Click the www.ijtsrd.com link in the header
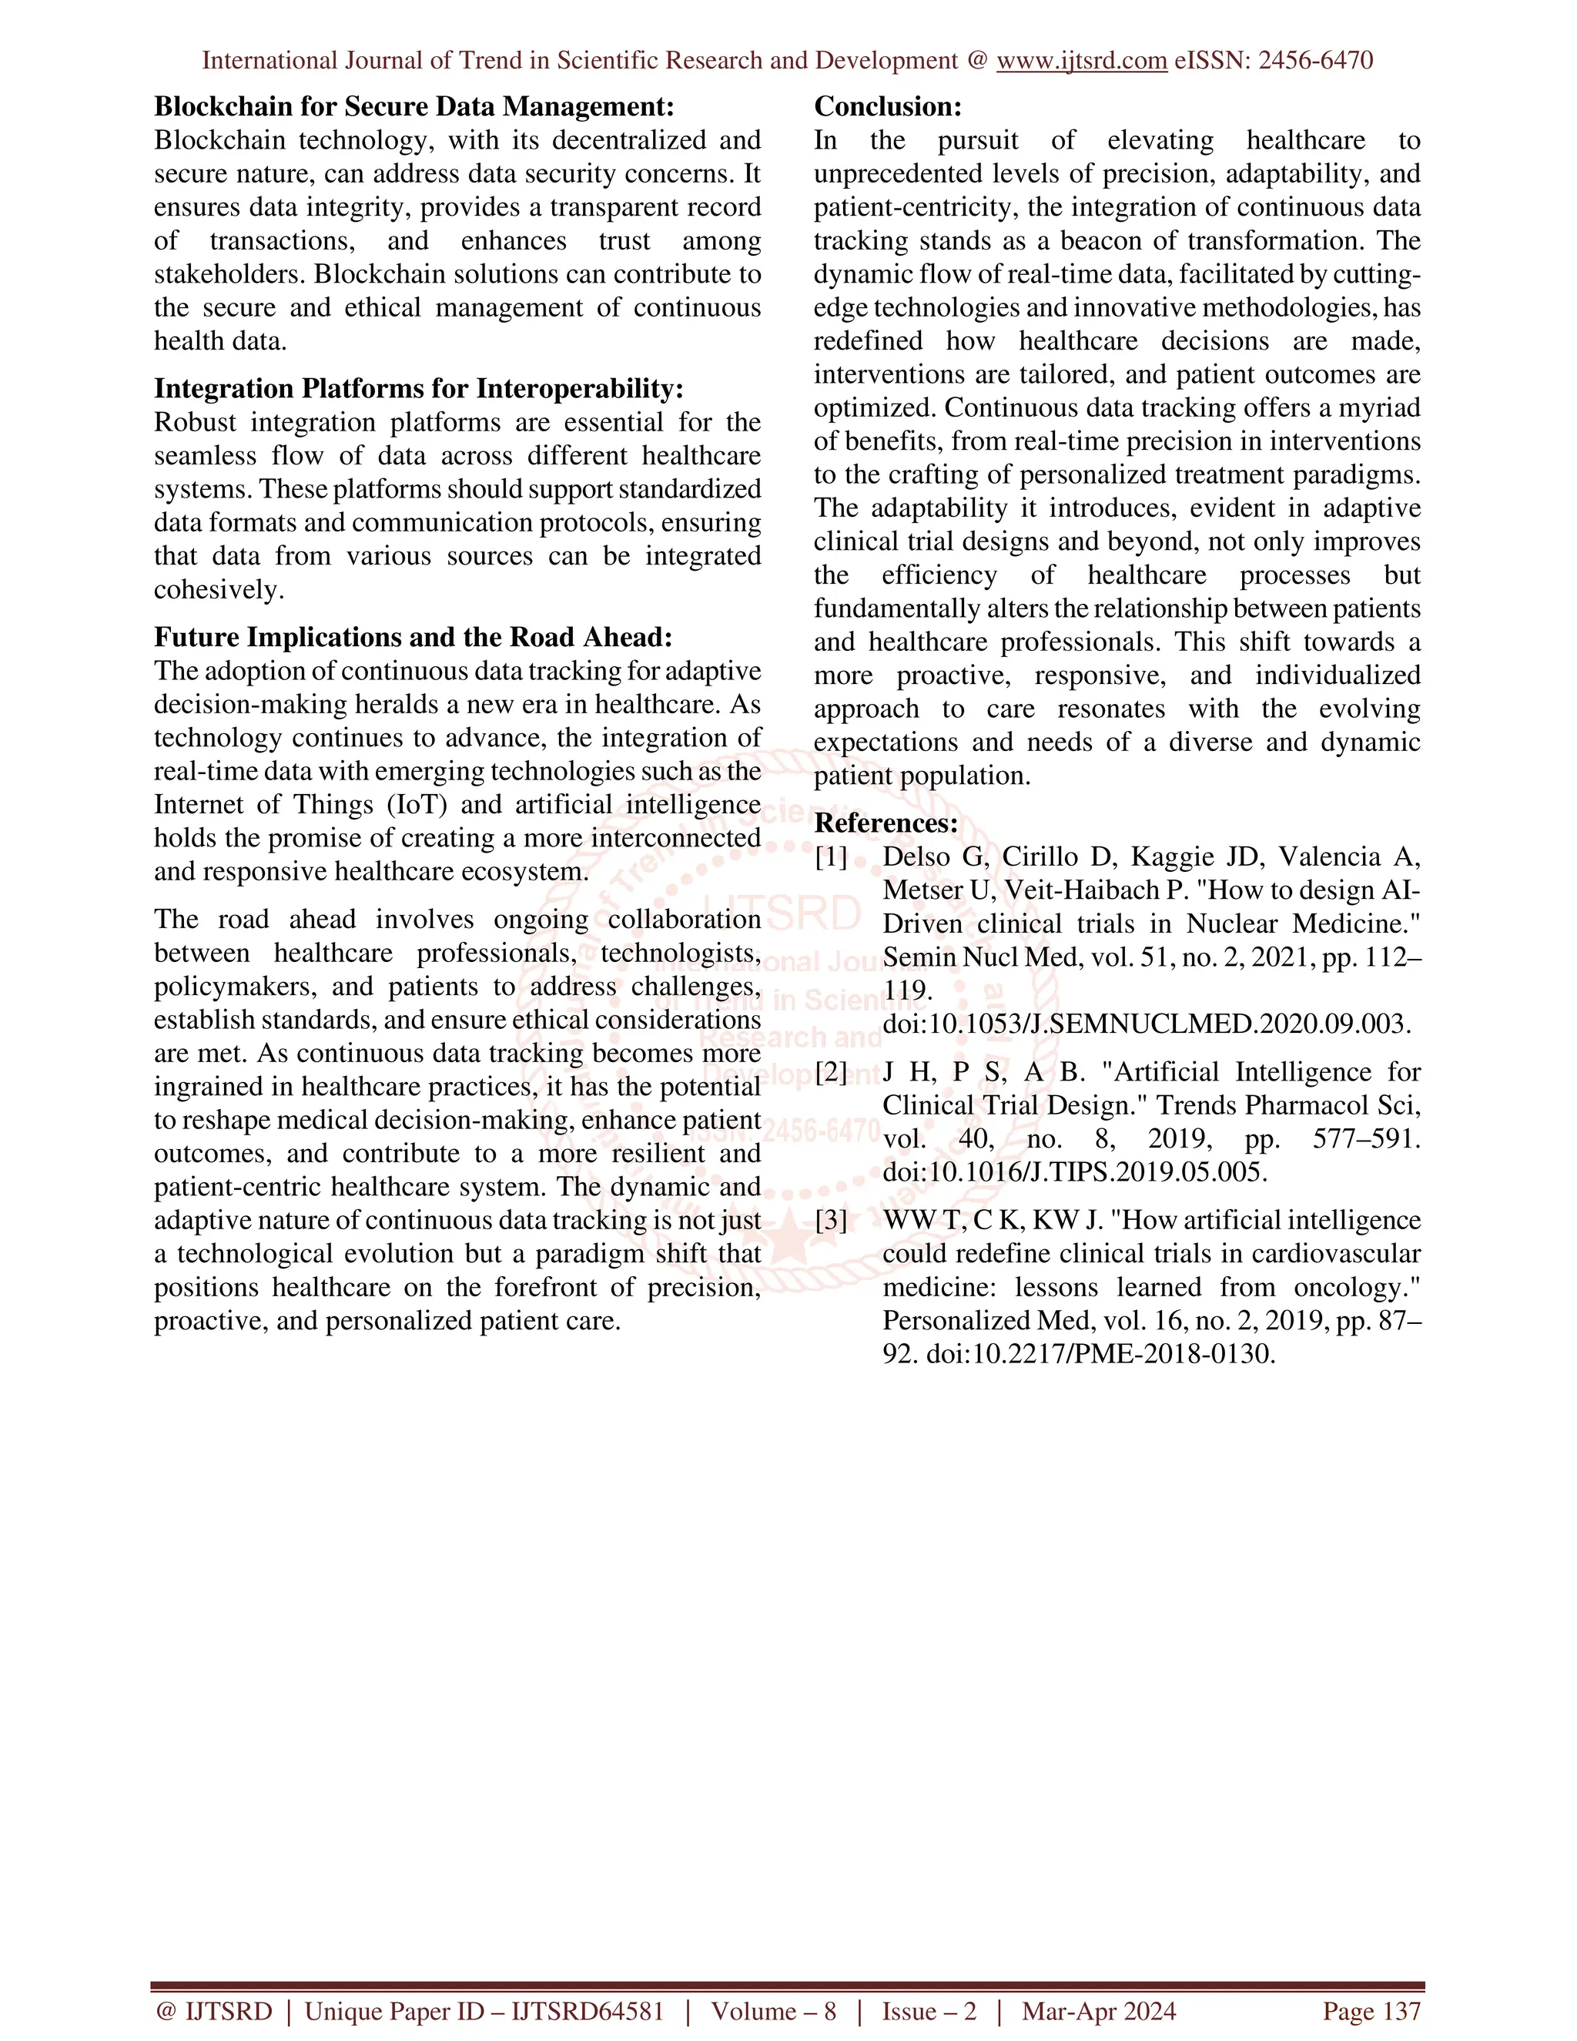click(x=1081, y=61)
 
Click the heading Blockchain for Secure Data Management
click(x=414, y=106)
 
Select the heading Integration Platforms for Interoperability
click(x=419, y=389)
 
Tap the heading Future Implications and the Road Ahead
click(x=413, y=638)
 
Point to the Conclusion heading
click(x=888, y=106)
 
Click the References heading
click(x=886, y=823)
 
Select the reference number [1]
click(x=831, y=857)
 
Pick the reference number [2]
click(x=831, y=1072)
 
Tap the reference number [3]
click(x=831, y=1221)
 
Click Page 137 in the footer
click(x=1371, y=2011)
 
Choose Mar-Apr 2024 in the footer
click(x=1099, y=2011)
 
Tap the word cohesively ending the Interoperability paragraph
click(x=219, y=590)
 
